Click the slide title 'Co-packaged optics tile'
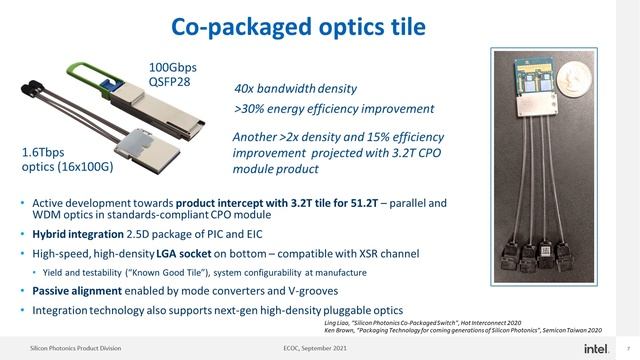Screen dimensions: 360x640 click(x=319, y=23)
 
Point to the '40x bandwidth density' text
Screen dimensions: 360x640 click(x=295, y=88)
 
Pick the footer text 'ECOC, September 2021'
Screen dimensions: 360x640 click(x=319, y=347)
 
